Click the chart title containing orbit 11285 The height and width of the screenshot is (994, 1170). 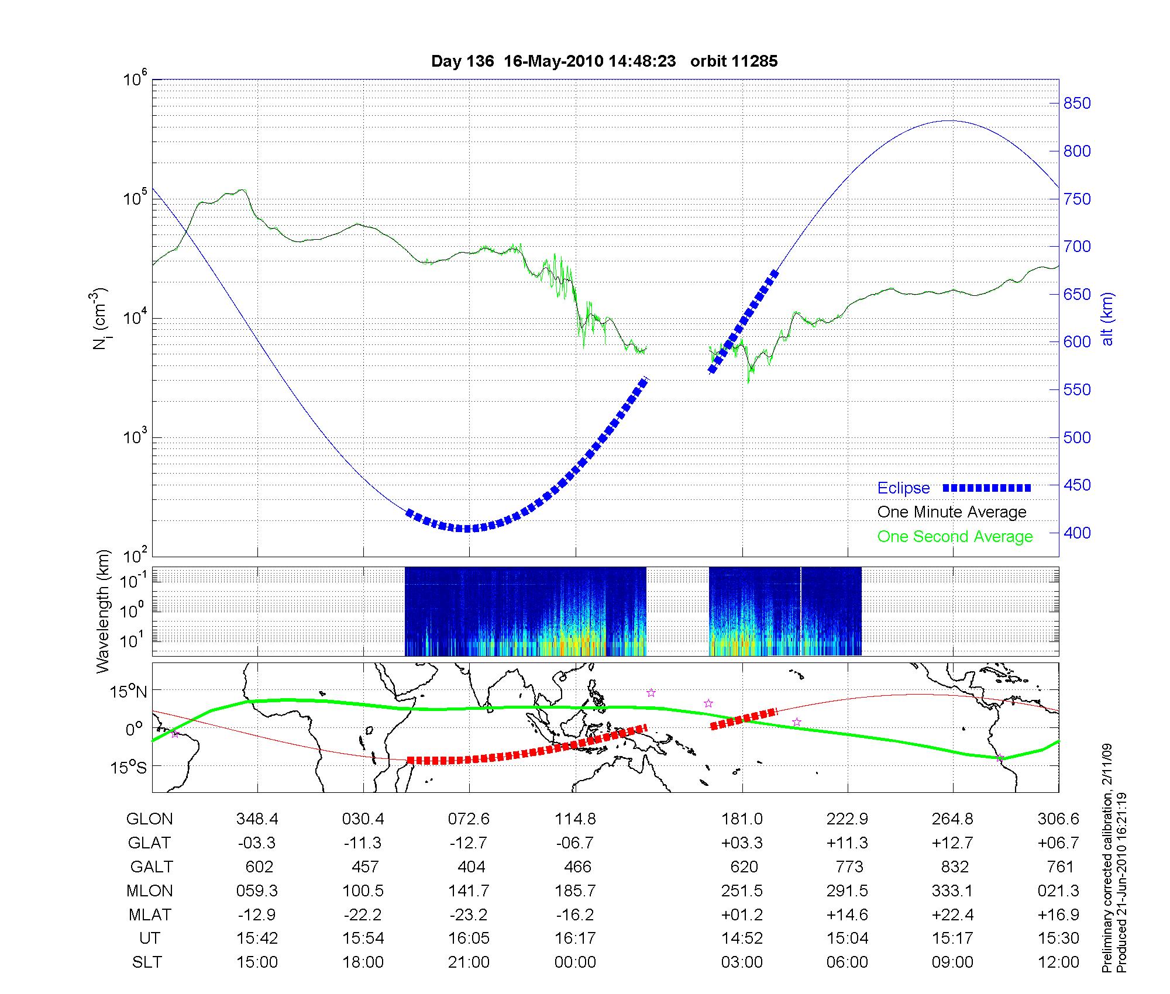pos(604,61)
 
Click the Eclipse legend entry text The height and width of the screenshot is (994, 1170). pos(903,488)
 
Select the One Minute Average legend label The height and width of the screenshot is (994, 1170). pos(952,512)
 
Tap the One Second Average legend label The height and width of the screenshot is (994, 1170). pos(955,537)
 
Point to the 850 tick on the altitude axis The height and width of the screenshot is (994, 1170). pos(1077,103)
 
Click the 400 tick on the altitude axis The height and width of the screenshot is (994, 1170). pos(1077,533)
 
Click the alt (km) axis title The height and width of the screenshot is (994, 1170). pos(1107,319)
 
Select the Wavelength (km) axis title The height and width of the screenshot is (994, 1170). pos(103,611)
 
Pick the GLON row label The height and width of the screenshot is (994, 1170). pos(149,819)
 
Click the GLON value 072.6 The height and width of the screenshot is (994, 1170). pos(469,819)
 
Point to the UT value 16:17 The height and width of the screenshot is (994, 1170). pos(575,938)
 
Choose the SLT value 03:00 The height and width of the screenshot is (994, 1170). pos(742,962)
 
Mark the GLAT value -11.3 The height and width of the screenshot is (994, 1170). pos(363,843)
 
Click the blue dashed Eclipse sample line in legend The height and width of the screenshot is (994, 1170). pos(986,488)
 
